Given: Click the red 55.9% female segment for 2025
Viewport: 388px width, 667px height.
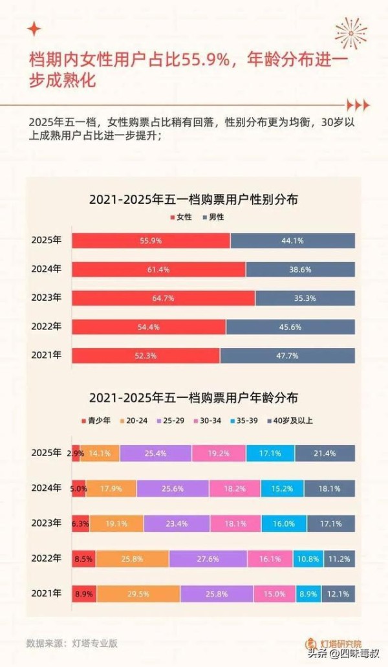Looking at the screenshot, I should tap(151, 240).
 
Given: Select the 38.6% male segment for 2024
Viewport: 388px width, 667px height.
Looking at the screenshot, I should tap(300, 269).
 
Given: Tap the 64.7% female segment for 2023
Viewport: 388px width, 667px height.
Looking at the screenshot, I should tap(163, 298).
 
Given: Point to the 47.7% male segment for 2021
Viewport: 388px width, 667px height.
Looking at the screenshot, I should tap(287, 356).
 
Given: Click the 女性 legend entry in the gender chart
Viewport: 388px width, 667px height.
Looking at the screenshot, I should tap(182, 217).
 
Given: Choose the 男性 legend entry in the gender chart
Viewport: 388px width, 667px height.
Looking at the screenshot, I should tap(213, 217).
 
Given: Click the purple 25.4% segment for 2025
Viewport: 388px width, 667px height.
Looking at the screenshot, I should tap(155, 454).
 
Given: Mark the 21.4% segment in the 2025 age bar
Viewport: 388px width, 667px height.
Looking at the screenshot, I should tap(325, 454).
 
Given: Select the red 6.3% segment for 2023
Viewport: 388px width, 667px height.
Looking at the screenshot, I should tap(80, 523).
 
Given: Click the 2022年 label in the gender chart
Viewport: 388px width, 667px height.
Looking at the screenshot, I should tap(47, 327).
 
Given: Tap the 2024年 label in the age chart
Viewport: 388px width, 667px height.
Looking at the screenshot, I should tap(47, 488).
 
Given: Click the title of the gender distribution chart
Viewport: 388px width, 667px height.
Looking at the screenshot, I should tap(193, 200).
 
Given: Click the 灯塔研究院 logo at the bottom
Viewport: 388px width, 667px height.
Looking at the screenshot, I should tap(332, 644).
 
